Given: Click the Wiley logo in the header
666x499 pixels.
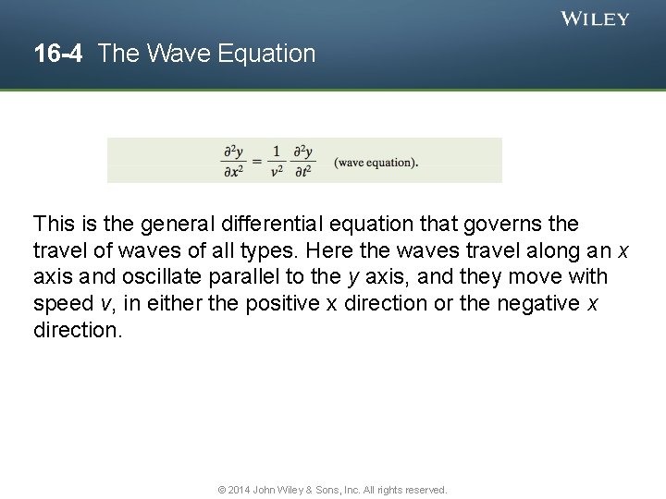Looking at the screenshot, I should (x=596, y=18).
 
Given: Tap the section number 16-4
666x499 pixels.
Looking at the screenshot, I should (x=58, y=54).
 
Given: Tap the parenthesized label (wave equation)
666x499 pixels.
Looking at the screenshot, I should (x=376, y=163).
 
